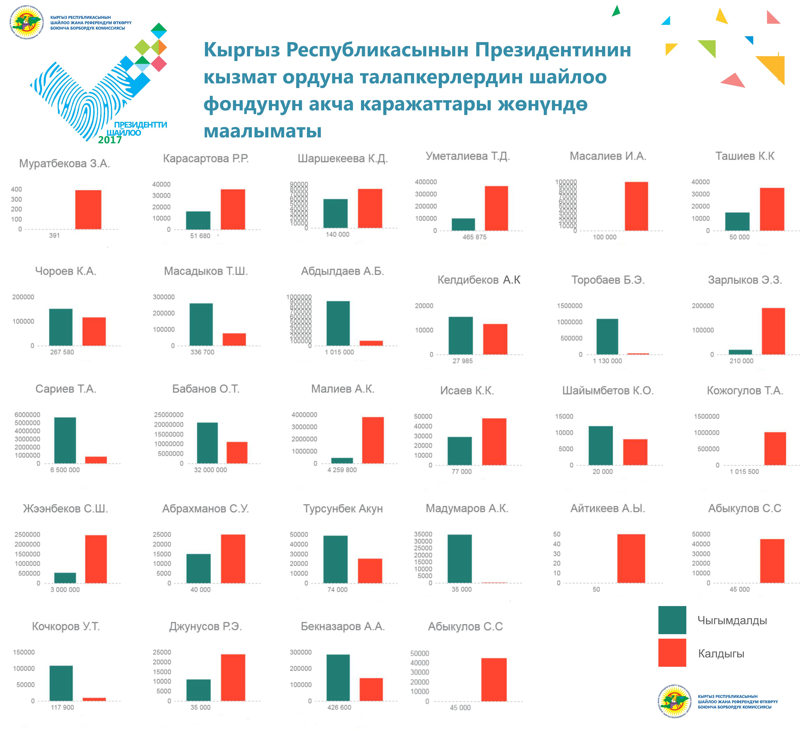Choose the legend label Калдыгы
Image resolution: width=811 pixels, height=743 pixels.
721,654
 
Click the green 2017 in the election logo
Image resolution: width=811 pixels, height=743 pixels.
110,140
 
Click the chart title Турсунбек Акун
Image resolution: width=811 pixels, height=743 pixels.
343,509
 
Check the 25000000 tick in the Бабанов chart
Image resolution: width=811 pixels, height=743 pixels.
168,415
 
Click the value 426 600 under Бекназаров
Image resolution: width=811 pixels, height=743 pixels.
339,707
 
